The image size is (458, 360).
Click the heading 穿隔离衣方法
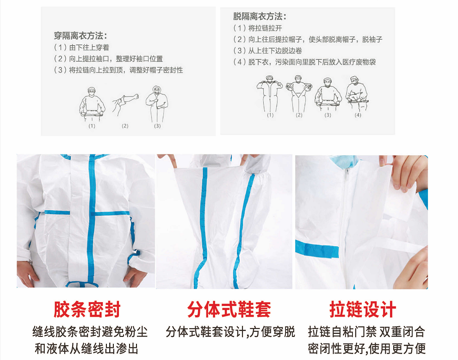[x=80, y=36]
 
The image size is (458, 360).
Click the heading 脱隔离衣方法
[x=260, y=16]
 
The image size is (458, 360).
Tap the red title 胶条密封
[x=87, y=310]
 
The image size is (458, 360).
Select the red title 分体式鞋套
[x=229, y=310]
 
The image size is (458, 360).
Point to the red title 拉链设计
[x=363, y=310]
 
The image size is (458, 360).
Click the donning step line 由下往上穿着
[x=81, y=47]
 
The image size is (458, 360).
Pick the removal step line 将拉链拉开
[x=258, y=28]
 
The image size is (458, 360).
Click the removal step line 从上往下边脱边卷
[x=267, y=50]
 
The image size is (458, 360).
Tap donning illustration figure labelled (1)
[x=92, y=104]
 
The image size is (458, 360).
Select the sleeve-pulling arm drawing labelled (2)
[x=125, y=105]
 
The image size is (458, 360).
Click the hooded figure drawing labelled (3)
[x=157, y=104]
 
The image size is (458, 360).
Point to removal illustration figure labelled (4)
[x=357, y=93]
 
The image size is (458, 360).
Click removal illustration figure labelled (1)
[x=270, y=94]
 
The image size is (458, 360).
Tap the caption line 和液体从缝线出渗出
[x=87, y=349]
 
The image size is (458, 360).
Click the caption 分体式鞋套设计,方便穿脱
[x=230, y=332]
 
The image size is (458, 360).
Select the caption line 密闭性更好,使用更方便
[x=366, y=349]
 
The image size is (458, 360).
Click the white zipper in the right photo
[x=345, y=227]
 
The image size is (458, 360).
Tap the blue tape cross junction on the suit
[x=92, y=213]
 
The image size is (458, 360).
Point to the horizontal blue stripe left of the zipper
[x=317, y=250]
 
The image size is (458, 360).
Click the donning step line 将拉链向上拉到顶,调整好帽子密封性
[x=118, y=70]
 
